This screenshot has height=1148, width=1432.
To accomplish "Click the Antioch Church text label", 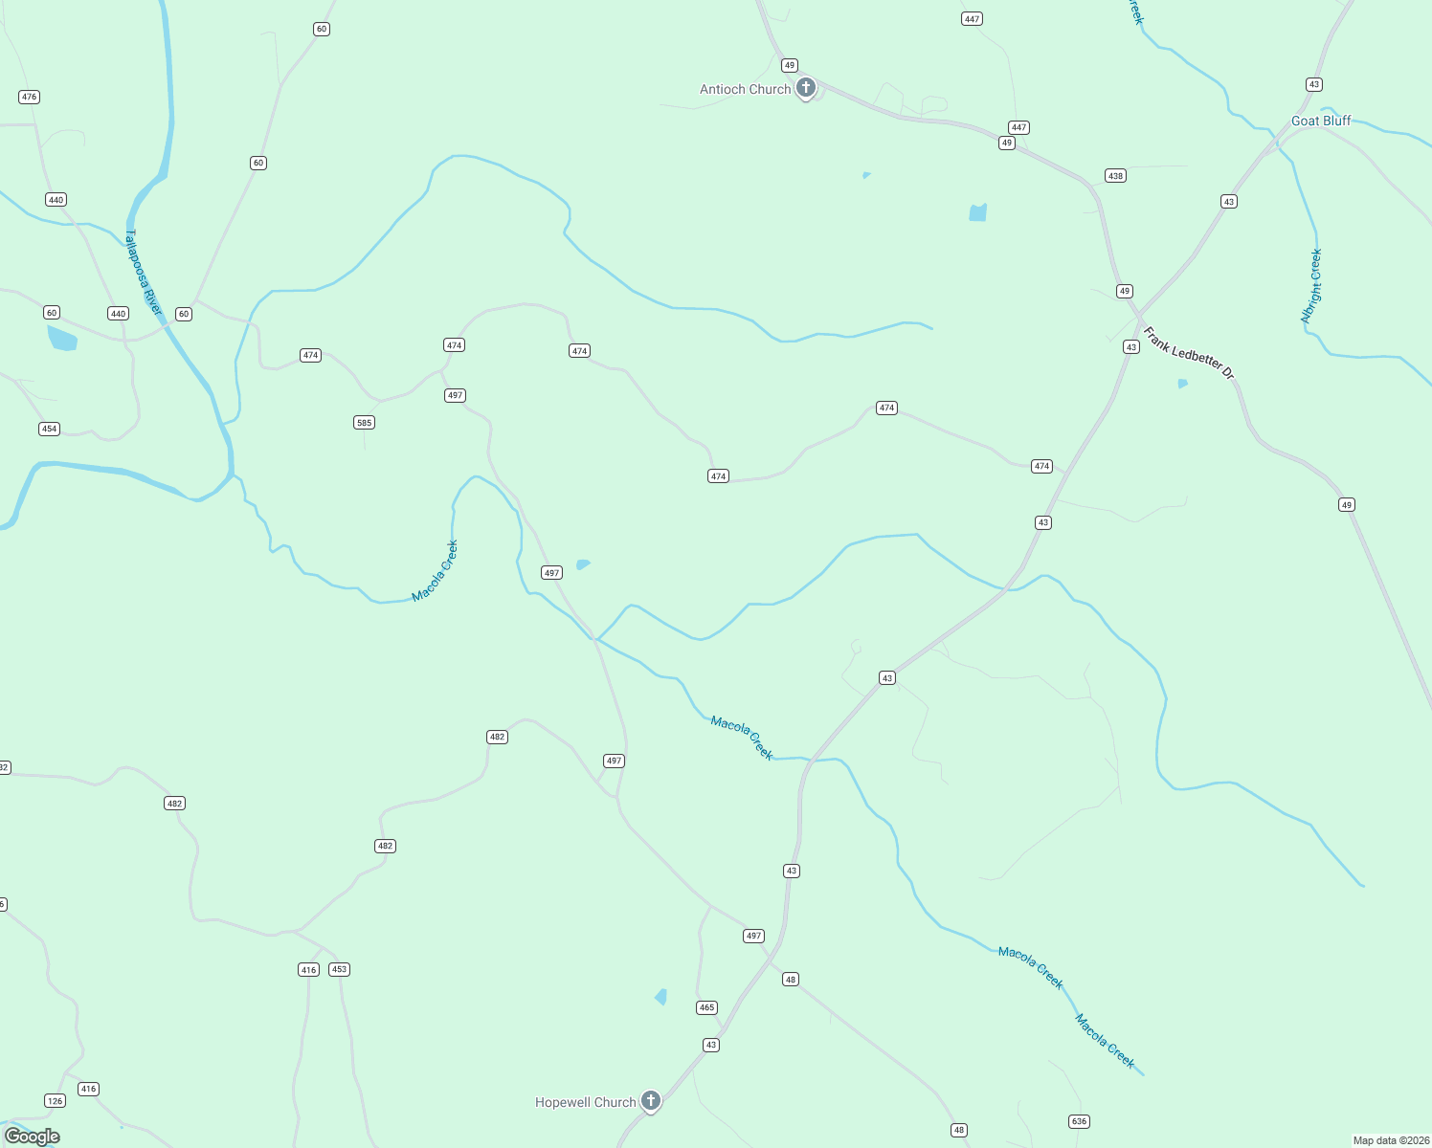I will [x=745, y=89].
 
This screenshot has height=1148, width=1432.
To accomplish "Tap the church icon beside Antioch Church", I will [x=806, y=88].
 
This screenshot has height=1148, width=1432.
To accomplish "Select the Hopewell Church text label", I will [x=585, y=1102].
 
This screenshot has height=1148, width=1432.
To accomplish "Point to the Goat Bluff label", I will [x=1321, y=121].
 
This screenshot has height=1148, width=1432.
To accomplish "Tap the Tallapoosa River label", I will [x=144, y=273].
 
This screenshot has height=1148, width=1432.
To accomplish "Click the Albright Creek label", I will [x=1311, y=286].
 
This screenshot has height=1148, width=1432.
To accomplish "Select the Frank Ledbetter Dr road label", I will [x=1189, y=353].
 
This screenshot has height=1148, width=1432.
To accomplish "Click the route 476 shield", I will [x=29, y=97].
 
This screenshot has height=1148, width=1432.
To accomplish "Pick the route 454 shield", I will [x=50, y=429].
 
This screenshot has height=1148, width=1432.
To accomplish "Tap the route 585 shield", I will [x=364, y=423].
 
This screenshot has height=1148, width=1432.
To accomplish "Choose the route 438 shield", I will [x=1115, y=176].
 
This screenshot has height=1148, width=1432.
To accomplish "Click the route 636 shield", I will [x=1079, y=1121].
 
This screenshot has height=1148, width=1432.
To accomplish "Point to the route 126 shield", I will [x=56, y=1101].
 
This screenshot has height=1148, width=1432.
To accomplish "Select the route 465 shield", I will [x=706, y=1007].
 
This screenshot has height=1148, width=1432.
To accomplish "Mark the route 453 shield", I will [x=339, y=969].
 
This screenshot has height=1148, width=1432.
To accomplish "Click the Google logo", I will [x=32, y=1137].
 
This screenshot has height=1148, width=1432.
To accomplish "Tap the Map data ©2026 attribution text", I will [x=1391, y=1140].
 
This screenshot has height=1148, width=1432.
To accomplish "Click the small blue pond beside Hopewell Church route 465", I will [x=661, y=997].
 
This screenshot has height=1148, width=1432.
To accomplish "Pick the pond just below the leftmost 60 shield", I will [x=62, y=338].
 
